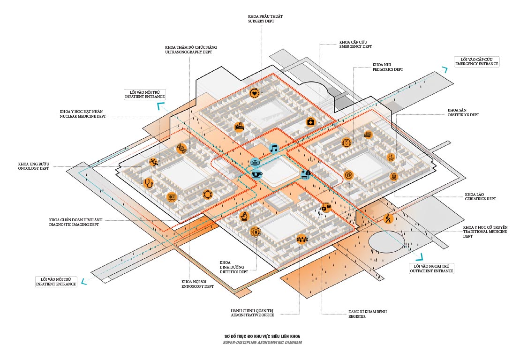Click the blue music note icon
(x=274, y=149)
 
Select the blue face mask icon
(x=256, y=163)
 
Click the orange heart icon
(x=254, y=93)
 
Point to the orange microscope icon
(x=244, y=216)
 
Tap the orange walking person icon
(x=388, y=218)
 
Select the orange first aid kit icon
(x=310, y=122)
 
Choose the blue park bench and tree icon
(x=306, y=174)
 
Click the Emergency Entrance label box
(x=477, y=61)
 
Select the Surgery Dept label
(x=265, y=19)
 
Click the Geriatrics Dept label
(x=480, y=196)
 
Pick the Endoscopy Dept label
(x=197, y=284)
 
